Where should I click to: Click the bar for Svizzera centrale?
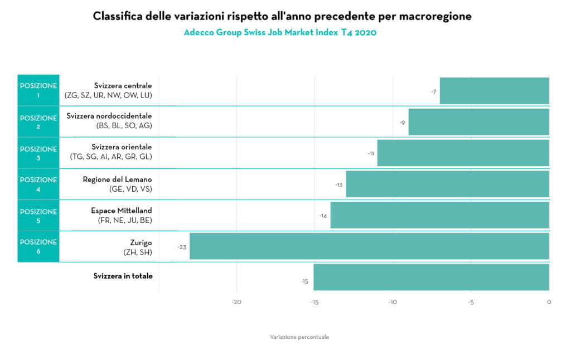pyautogui.click(x=494, y=91)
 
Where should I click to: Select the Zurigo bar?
pyautogui.click(x=369, y=246)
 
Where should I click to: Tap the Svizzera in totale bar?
pyautogui.click(x=431, y=277)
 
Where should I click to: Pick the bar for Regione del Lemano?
pyautogui.click(x=447, y=184)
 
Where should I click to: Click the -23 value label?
pyautogui.click(x=182, y=246)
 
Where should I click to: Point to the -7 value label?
pyautogui.click(x=433, y=91)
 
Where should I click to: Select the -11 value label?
pyautogui.click(x=371, y=153)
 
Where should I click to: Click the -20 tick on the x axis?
pyautogui.click(x=236, y=302)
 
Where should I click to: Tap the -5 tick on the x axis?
pyautogui.click(x=471, y=302)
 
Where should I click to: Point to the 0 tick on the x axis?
pyautogui.click(x=549, y=302)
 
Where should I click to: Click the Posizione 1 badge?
pyautogui.click(x=38, y=90)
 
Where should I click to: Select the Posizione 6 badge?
pyautogui.click(x=38, y=246)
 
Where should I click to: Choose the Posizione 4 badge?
pyautogui.click(x=38, y=184)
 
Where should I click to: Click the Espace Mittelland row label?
pyautogui.click(x=121, y=211)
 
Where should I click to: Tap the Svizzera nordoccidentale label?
pyautogui.click(x=109, y=116)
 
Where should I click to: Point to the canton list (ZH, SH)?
pyautogui.click(x=137, y=252)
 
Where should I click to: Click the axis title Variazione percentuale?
pyautogui.click(x=299, y=337)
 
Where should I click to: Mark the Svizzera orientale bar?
pyautogui.click(x=463, y=153)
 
